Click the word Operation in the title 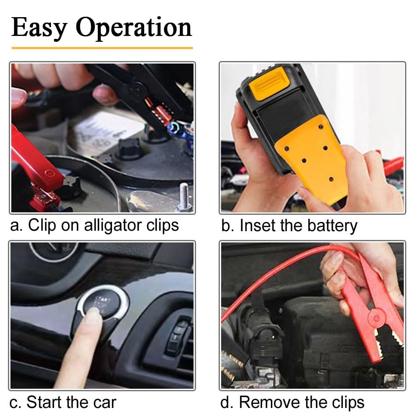134,28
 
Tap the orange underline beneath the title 102,48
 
